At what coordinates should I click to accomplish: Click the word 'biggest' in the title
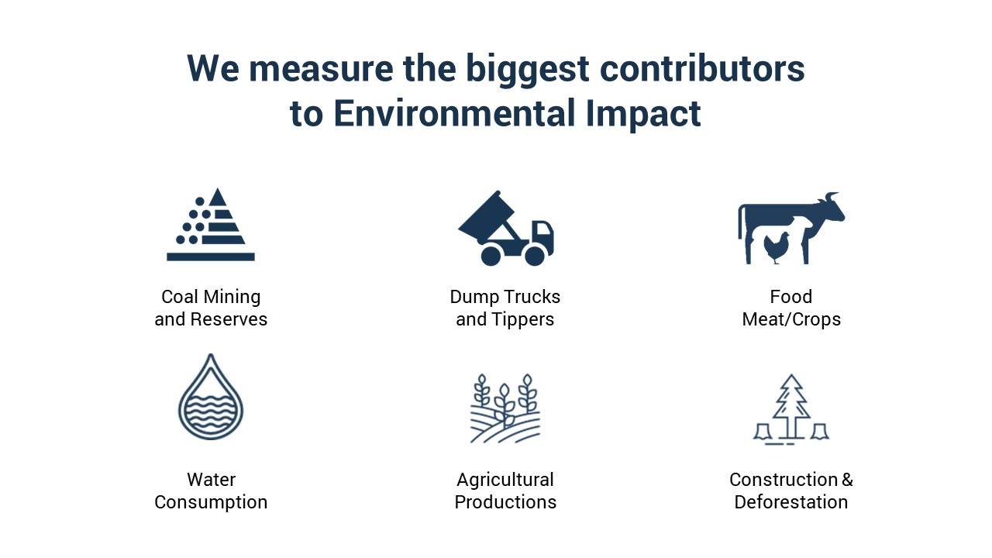pyautogui.click(x=528, y=69)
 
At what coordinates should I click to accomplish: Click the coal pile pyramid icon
pyautogui.click(x=211, y=224)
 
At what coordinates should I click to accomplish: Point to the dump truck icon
pyautogui.click(x=506, y=228)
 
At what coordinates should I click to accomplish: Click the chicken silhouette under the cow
pyautogui.click(x=777, y=247)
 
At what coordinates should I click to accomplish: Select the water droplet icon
pyautogui.click(x=211, y=396)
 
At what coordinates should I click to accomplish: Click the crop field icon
pyautogui.click(x=505, y=408)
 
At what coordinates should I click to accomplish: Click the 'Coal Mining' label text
pyautogui.click(x=211, y=297)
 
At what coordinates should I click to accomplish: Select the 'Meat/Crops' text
pyautogui.click(x=791, y=319)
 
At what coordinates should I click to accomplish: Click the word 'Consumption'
pyautogui.click(x=211, y=503)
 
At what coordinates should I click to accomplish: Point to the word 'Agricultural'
pyautogui.click(x=505, y=480)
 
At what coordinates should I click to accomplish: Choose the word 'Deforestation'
pyautogui.click(x=791, y=502)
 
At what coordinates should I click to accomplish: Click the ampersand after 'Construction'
pyautogui.click(x=847, y=480)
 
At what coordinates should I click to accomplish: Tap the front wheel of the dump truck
pyautogui.click(x=535, y=256)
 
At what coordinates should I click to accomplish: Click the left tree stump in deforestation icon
pyautogui.click(x=763, y=432)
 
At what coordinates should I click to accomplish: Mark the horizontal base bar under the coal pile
pyautogui.click(x=211, y=257)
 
